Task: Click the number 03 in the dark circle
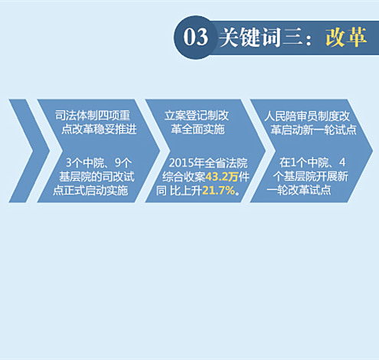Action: (x=195, y=38)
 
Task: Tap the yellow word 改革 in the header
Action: (x=346, y=37)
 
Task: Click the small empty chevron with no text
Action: (x=29, y=151)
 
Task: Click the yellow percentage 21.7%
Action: (x=218, y=191)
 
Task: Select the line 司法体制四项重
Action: (x=93, y=116)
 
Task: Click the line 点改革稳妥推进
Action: (x=99, y=129)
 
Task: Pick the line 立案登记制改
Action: (x=197, y=116)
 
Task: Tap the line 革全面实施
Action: (x=198, y=129)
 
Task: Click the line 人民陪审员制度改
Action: (x=307, y=116)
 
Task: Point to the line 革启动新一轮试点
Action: (x=313, y=129)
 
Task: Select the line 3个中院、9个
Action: (x=99, y=163)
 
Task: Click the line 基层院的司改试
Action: (x=96, y=177)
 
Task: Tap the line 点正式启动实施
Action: (x=90, y=191)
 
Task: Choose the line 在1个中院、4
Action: (x=312, y=162)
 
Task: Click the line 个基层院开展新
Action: (x=310, y=176)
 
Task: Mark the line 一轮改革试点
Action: (x=299, y=190)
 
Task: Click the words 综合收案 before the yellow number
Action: (x=184, y=177)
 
